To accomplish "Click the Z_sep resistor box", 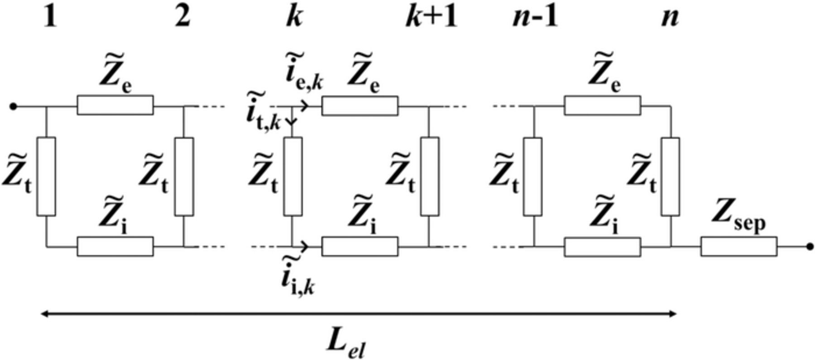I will (739, 246).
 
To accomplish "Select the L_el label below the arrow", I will (345, 344).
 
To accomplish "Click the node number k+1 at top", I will (431, 18).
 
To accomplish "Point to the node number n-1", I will (535, 18).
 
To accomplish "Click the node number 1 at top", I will (51, 18).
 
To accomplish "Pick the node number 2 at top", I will (182, 18).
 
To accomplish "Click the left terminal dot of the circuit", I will (14, 107).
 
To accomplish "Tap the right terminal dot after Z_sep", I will (810, 247).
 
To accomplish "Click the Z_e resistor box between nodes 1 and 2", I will (115, 105).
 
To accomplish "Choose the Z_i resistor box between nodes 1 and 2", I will (115, 246).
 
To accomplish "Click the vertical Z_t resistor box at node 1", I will (46, 177).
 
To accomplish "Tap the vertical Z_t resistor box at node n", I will (670, 177).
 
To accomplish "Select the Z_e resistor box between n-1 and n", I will (602, 105).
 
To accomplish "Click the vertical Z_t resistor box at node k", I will (292, 177).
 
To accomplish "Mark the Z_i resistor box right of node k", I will (360, 246).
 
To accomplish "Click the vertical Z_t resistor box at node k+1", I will (429, 177).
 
